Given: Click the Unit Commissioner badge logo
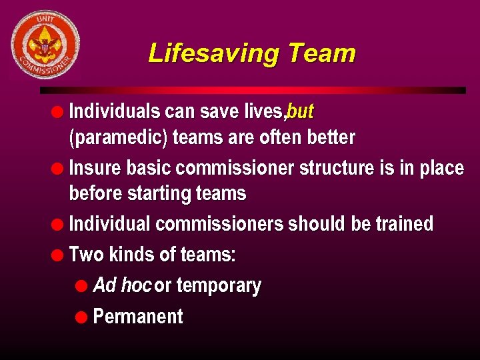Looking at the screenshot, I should [45, 44].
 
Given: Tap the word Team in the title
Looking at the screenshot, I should [323, 53].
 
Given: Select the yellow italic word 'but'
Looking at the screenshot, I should [301, 111].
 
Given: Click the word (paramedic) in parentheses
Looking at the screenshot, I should [119, 138].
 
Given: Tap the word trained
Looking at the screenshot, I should [404, 223].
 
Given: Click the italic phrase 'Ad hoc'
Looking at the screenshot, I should [122, 285].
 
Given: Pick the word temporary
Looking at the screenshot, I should [219, 285].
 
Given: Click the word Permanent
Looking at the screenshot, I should [138, 316].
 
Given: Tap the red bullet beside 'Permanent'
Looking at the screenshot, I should [81, 317].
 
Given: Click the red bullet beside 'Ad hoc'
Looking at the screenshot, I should [81, 286].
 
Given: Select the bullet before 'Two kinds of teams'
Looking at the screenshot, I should [58, 255].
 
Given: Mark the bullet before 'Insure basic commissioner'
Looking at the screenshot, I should [58, 168].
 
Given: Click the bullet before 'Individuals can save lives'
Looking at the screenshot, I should [58, 111].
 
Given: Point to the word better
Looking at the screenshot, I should [331, 138].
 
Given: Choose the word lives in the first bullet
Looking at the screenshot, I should [265, 111].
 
